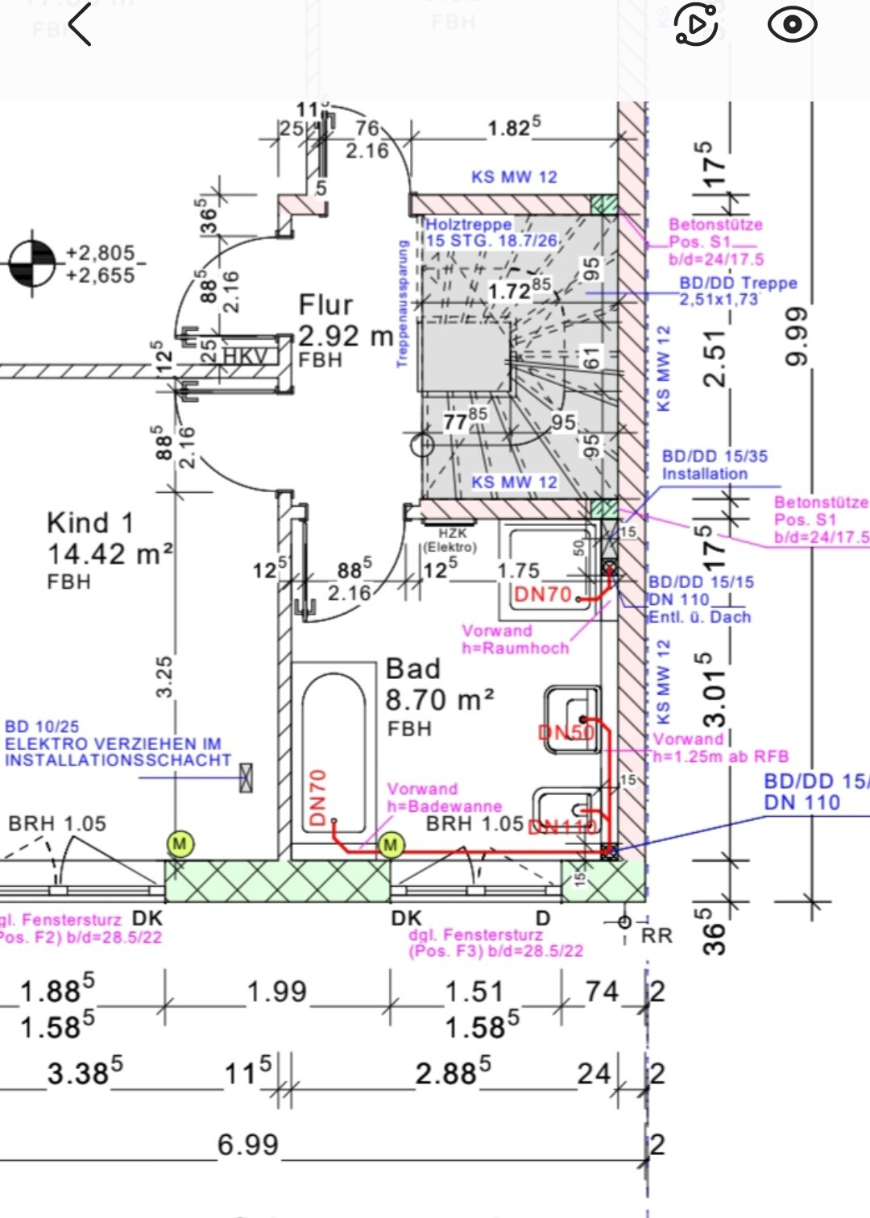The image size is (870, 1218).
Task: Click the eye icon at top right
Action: pos(792,24)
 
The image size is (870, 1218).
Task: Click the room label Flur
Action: pos(325,305)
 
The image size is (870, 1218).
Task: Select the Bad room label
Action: pos(412,669)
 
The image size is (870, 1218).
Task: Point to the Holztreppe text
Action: pos(468,225)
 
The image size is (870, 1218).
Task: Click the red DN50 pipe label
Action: pos(565,732)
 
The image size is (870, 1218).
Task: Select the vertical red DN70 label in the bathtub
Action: pos(318,797)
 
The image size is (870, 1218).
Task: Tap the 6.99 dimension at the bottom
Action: pos(248,1145)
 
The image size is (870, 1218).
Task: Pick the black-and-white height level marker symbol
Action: pos(32,263)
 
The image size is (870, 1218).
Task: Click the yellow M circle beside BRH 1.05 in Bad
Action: pos(391,844)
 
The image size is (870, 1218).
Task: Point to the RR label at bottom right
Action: pos(657,935)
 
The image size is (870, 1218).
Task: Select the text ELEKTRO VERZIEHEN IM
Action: pos(113,744)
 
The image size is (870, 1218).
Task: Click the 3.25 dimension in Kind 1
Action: pos(164,677)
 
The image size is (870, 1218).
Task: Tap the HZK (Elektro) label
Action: pos(452,540)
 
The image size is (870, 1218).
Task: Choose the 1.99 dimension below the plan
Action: pos(277,992)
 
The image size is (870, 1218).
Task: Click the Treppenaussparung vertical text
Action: pos(402,304)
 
